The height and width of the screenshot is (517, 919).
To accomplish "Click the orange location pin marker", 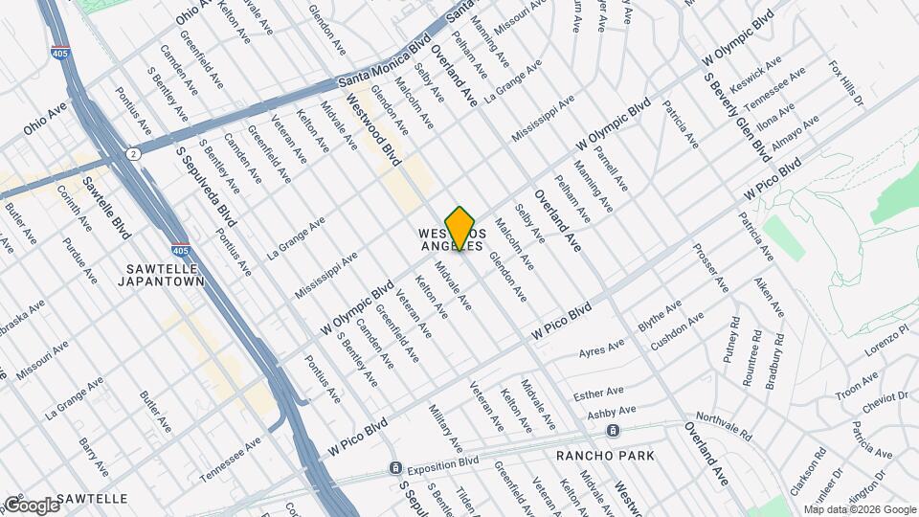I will coord(459,228).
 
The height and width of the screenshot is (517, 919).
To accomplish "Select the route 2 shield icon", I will coord(131,153).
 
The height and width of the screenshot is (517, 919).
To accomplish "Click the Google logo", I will coord(31,505).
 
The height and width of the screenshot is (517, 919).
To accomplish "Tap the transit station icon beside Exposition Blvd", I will coord(393,468).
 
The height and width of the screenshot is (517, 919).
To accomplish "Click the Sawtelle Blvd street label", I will coord(106,209).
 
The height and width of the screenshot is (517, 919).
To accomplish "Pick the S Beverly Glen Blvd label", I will coord(736,117).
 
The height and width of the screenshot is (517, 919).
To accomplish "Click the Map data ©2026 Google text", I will coord(858,508).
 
